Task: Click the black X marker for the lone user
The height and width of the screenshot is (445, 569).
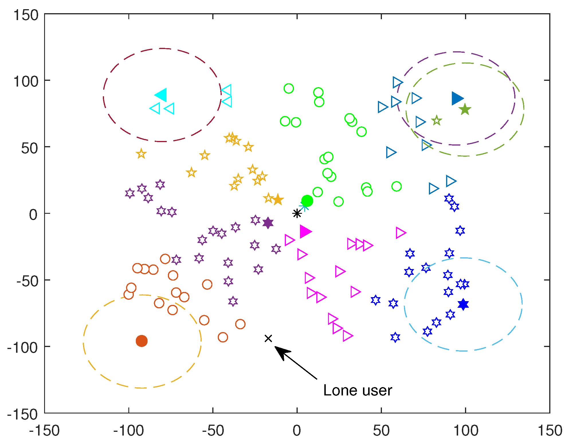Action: (268, 338)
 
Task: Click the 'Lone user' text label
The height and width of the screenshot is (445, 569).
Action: (358, 390)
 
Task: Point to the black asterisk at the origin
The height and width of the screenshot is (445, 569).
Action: (297, 213)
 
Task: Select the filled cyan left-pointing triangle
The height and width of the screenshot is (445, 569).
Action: (161, 95)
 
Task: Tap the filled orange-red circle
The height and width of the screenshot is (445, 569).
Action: (142, 341)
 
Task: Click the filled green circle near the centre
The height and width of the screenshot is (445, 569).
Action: (307, 201)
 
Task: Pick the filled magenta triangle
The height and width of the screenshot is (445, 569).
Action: (305, 232)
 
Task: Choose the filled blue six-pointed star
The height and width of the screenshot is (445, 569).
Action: (463, 304)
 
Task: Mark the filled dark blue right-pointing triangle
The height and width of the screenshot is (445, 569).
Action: (457, 98)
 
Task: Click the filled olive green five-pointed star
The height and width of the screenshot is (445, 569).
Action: (465, 109)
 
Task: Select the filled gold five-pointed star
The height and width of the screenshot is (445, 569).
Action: (278, 199)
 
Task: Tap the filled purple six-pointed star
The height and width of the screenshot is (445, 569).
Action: (268, 223)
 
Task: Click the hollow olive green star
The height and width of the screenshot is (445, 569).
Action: (436, 121)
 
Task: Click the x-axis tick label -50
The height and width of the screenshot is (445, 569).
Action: (213, 431)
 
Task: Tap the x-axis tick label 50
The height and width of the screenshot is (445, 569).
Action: (381, 431)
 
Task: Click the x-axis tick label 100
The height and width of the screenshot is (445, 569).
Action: (465, 431)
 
